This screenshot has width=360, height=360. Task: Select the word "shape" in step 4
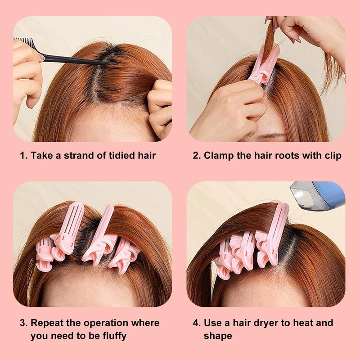[218, 336]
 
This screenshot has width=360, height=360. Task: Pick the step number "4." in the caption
[197, 323]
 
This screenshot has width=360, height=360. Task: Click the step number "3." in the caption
[24, 323]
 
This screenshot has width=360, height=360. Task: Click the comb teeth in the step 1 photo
[23, 41]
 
